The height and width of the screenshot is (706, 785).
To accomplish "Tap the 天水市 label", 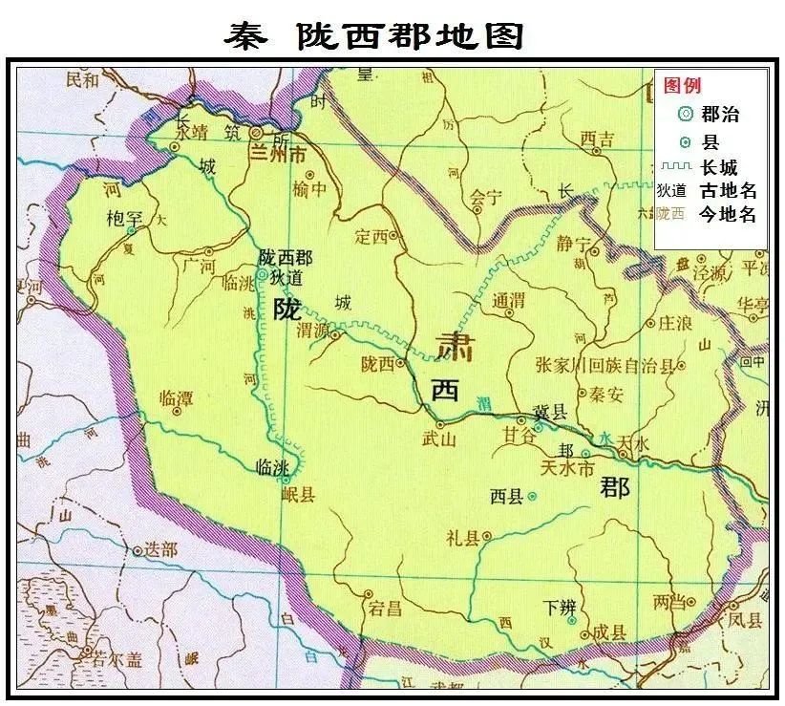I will pos(566,469).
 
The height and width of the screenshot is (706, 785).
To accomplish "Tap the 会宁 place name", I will pos(485,198).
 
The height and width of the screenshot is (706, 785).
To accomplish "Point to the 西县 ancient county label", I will pos(506,497).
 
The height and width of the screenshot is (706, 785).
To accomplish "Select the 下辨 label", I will pos(560,606).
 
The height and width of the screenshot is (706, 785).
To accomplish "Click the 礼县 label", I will pos(461,537).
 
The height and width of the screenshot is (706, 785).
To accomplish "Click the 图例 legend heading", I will pos(683,86).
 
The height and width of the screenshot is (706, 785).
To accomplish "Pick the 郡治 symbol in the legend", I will pos(684,115).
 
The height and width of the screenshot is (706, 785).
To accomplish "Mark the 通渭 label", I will pos(509,300).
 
